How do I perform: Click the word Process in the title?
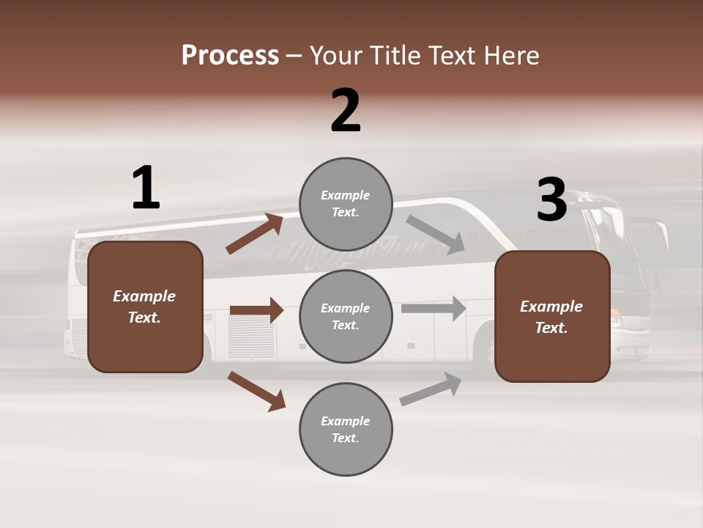coord(230,55)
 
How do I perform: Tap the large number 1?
coord(146,188)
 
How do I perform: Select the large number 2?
coord(346,111)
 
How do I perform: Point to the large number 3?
coord(551,199)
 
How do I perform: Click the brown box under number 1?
coord(145,307)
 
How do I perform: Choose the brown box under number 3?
coord(552,316)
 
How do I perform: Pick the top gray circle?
coord(346,203)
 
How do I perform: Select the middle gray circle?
coord(346,316)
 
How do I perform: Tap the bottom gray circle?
coord(346,429)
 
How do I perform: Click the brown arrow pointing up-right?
coord(255,234)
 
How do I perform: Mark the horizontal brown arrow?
coord(256,310)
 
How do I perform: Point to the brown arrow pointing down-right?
coord(256,391)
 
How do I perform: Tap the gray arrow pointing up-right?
coord(431,389)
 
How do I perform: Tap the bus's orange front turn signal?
coord(614,310)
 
